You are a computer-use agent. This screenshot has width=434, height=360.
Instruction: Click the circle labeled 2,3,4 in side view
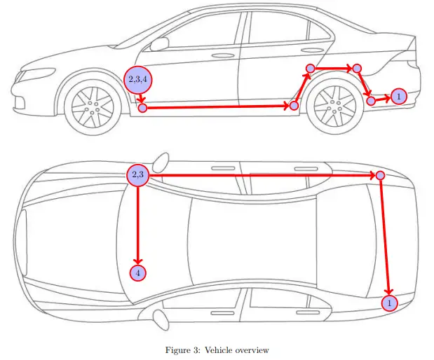pos(137,78)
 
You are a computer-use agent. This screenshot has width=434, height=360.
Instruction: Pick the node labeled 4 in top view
pos(138,272)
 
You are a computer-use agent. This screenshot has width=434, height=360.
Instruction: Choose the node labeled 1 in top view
pos(389,303)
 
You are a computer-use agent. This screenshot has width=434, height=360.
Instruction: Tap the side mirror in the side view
pos(160,44)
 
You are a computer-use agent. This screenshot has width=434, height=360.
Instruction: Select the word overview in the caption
pos(254,349)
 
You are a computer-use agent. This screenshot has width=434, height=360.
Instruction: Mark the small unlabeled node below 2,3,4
pos(142,108)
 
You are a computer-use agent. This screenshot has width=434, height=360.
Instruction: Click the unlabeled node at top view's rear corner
pos(380,174)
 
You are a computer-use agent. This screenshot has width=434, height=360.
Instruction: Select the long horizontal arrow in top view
pos(259,174)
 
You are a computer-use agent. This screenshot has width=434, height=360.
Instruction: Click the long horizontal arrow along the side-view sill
pos(217,106)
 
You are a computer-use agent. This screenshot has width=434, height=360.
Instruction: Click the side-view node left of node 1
pos(371,101)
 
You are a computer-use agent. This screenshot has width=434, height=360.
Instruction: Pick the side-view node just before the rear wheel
pos(294,105)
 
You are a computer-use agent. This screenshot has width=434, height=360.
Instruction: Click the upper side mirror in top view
pos(162,161)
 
